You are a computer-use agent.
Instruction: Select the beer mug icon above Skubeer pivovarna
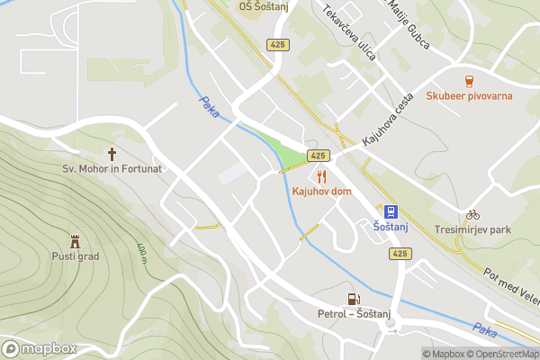point(468,80)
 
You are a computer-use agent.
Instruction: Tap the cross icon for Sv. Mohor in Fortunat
point(112,153)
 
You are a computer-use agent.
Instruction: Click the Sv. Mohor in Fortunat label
point(112,168)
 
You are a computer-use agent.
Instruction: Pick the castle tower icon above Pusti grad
point(76,240)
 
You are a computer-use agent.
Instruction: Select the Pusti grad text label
point(76,256)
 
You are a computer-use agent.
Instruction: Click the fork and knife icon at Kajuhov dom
point(321,176)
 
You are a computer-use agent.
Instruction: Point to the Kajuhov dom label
point(321,192)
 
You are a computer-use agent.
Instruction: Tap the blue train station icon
point(391,211)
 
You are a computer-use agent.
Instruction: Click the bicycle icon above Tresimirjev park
point(472,214)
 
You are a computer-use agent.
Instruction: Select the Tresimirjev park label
point(472,229)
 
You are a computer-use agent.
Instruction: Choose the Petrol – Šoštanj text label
point(354,314)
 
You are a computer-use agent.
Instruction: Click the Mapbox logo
point(40,348)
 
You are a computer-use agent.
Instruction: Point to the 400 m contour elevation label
point(141,253)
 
